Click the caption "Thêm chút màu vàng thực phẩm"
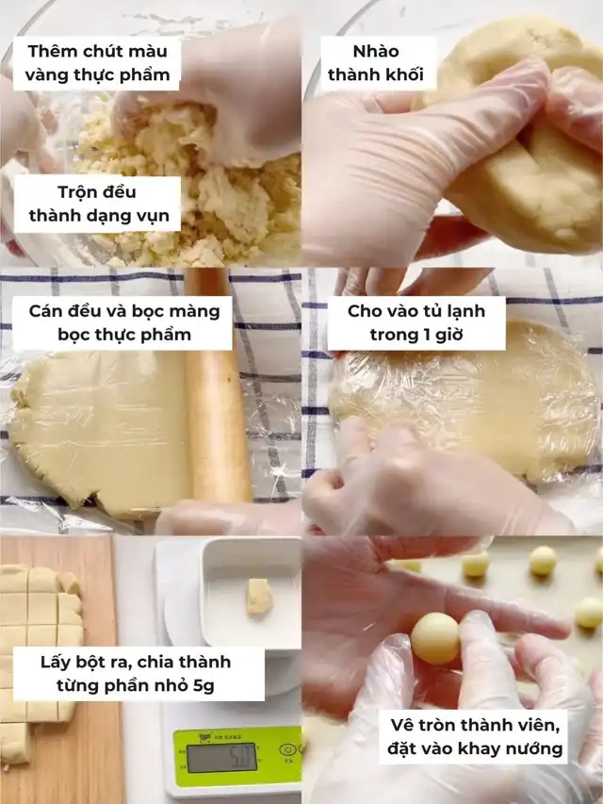point(97,63)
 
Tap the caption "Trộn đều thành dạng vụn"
point(98,204)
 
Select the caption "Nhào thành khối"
point(376,63)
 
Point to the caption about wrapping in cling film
point(124,322)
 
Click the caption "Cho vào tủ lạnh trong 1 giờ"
point(416,322)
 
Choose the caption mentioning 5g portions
point(136,674)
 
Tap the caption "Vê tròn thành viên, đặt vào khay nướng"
point(475,737)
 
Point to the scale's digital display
point(221,758)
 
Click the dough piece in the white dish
point(259,597)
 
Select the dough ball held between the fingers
point(435,638)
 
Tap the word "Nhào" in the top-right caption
point(376,51)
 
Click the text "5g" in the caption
point(204,685)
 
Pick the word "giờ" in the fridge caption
point(449,335)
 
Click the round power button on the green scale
point(288,750)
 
